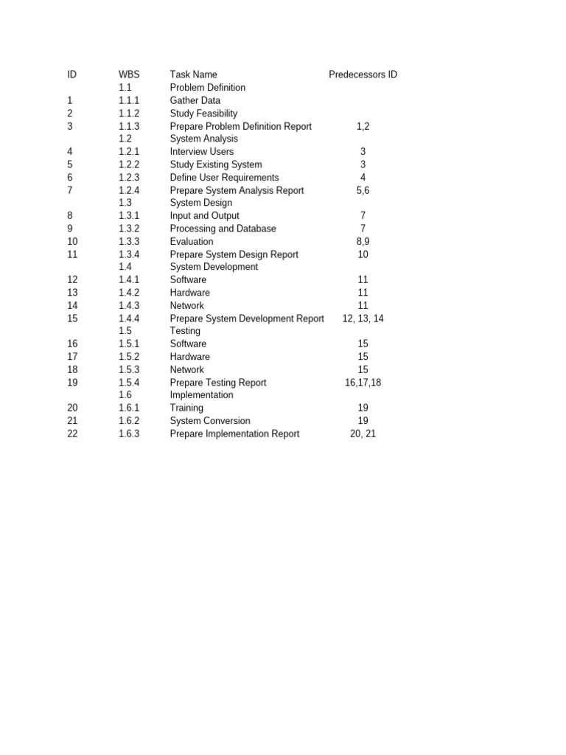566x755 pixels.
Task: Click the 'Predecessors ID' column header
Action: pos(363,74)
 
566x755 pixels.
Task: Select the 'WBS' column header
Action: pos(129,74)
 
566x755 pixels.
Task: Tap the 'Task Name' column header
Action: pos(193,74)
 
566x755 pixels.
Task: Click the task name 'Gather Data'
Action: pos(195,100)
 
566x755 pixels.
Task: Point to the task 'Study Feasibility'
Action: pos(203,114)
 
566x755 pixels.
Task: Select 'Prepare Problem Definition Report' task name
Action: pos(240,126)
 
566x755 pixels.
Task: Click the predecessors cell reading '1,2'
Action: pos(363,126)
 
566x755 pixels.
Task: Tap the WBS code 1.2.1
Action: pos(129,152)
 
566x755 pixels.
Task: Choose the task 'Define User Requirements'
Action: pos(224,178)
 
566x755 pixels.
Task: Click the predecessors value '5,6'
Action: pos(363,190)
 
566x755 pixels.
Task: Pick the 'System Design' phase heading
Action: pos(200,203)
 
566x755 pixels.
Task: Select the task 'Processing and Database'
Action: pos(223,229)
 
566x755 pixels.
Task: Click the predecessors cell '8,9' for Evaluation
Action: pos(363,241)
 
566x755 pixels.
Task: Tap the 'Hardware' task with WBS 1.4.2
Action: pos(189,293)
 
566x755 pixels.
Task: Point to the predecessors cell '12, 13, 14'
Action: pos(363,319)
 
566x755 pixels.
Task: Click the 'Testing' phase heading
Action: pos(185,331)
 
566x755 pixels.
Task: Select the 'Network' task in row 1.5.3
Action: pos(186,369)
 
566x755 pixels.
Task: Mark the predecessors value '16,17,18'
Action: pos(363,383)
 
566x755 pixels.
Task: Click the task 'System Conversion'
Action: pos(209,421)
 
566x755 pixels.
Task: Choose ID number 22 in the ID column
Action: pos(72,434)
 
